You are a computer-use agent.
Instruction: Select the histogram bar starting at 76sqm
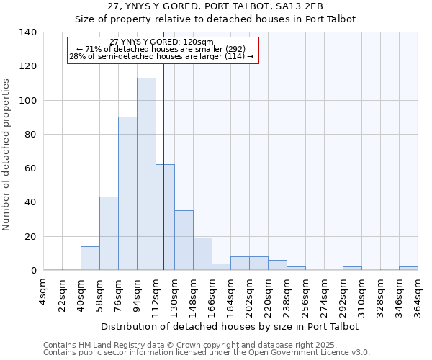127,194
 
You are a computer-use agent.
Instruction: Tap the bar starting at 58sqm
109,233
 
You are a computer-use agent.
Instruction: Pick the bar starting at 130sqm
184,240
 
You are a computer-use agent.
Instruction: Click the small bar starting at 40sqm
90,258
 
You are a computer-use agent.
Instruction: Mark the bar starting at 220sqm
277,265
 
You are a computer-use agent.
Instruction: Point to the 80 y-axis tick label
30,135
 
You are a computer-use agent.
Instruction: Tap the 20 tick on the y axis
30,237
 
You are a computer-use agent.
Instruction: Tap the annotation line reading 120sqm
162,42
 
